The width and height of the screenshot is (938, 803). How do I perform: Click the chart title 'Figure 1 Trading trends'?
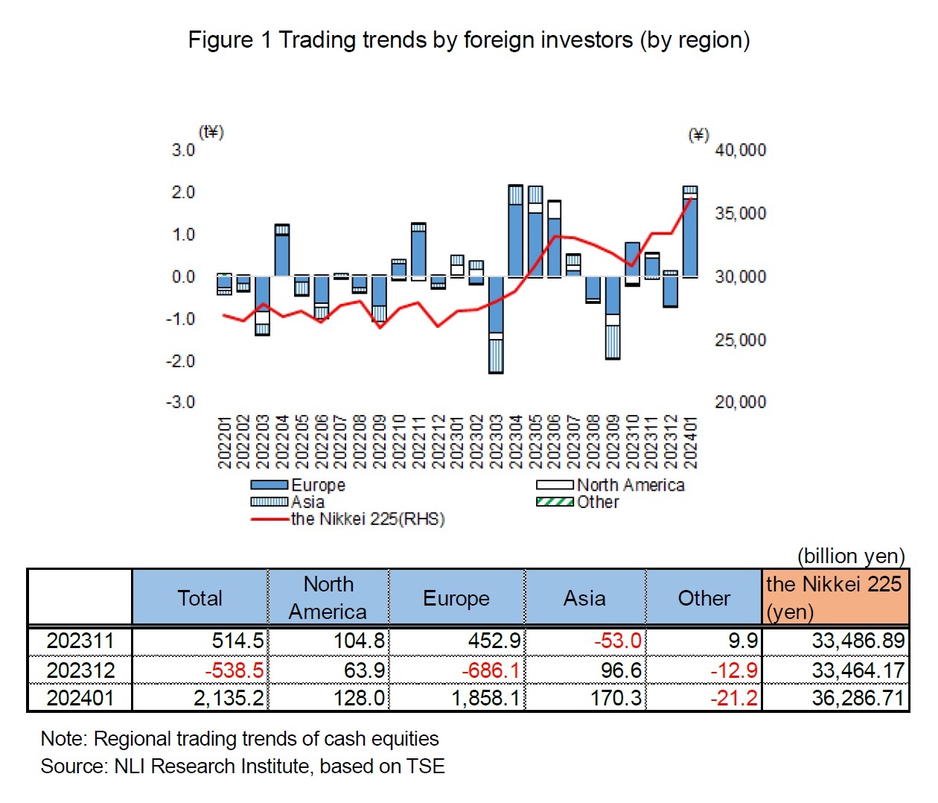pyautogui.click(x=468, y=39)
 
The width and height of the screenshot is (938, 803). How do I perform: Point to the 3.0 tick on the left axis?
pyautogui.click(x=183, y=150)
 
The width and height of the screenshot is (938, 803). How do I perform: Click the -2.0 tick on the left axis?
pyautogui.click(x=181, y=361)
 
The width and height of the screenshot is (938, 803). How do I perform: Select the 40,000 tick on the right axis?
pyautogui.click(x=740, y=150)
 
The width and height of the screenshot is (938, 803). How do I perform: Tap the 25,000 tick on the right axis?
pyautogui.click(x=740, y=340)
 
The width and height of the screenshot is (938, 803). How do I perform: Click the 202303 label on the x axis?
pyautogui.click(x=495, y=442)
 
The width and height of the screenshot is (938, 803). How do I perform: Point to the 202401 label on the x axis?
pyautogui.click(x=690, y=442)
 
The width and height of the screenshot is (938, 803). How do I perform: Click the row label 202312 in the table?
pyautogui.click(x=80, y=670)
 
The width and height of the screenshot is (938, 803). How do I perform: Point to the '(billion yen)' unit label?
pyautogui.click(x=851, y=556)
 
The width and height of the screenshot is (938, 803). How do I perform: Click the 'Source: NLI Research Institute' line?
pyautogui.click(x=243, y=766)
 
